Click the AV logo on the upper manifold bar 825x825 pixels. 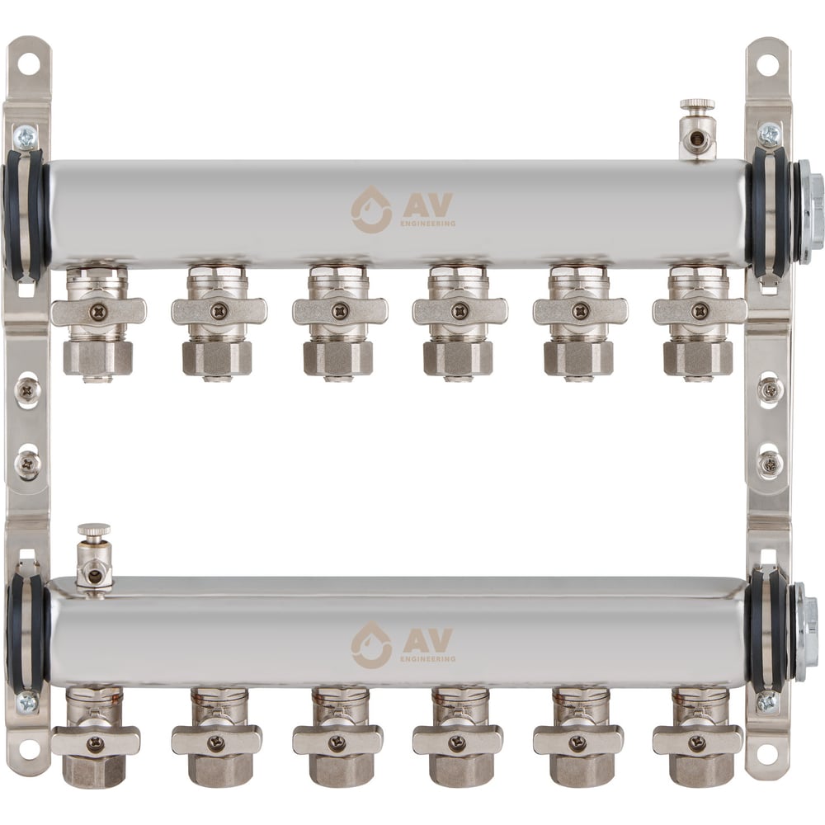[x=403, y=209]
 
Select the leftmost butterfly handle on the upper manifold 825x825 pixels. [x=98, y=312]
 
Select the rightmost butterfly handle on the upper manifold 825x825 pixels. [x=700, y=312]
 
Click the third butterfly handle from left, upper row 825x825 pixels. [x=340, y=312]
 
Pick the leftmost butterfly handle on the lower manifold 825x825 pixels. [x=96, y=742]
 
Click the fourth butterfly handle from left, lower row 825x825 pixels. [x=457, y=742]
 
